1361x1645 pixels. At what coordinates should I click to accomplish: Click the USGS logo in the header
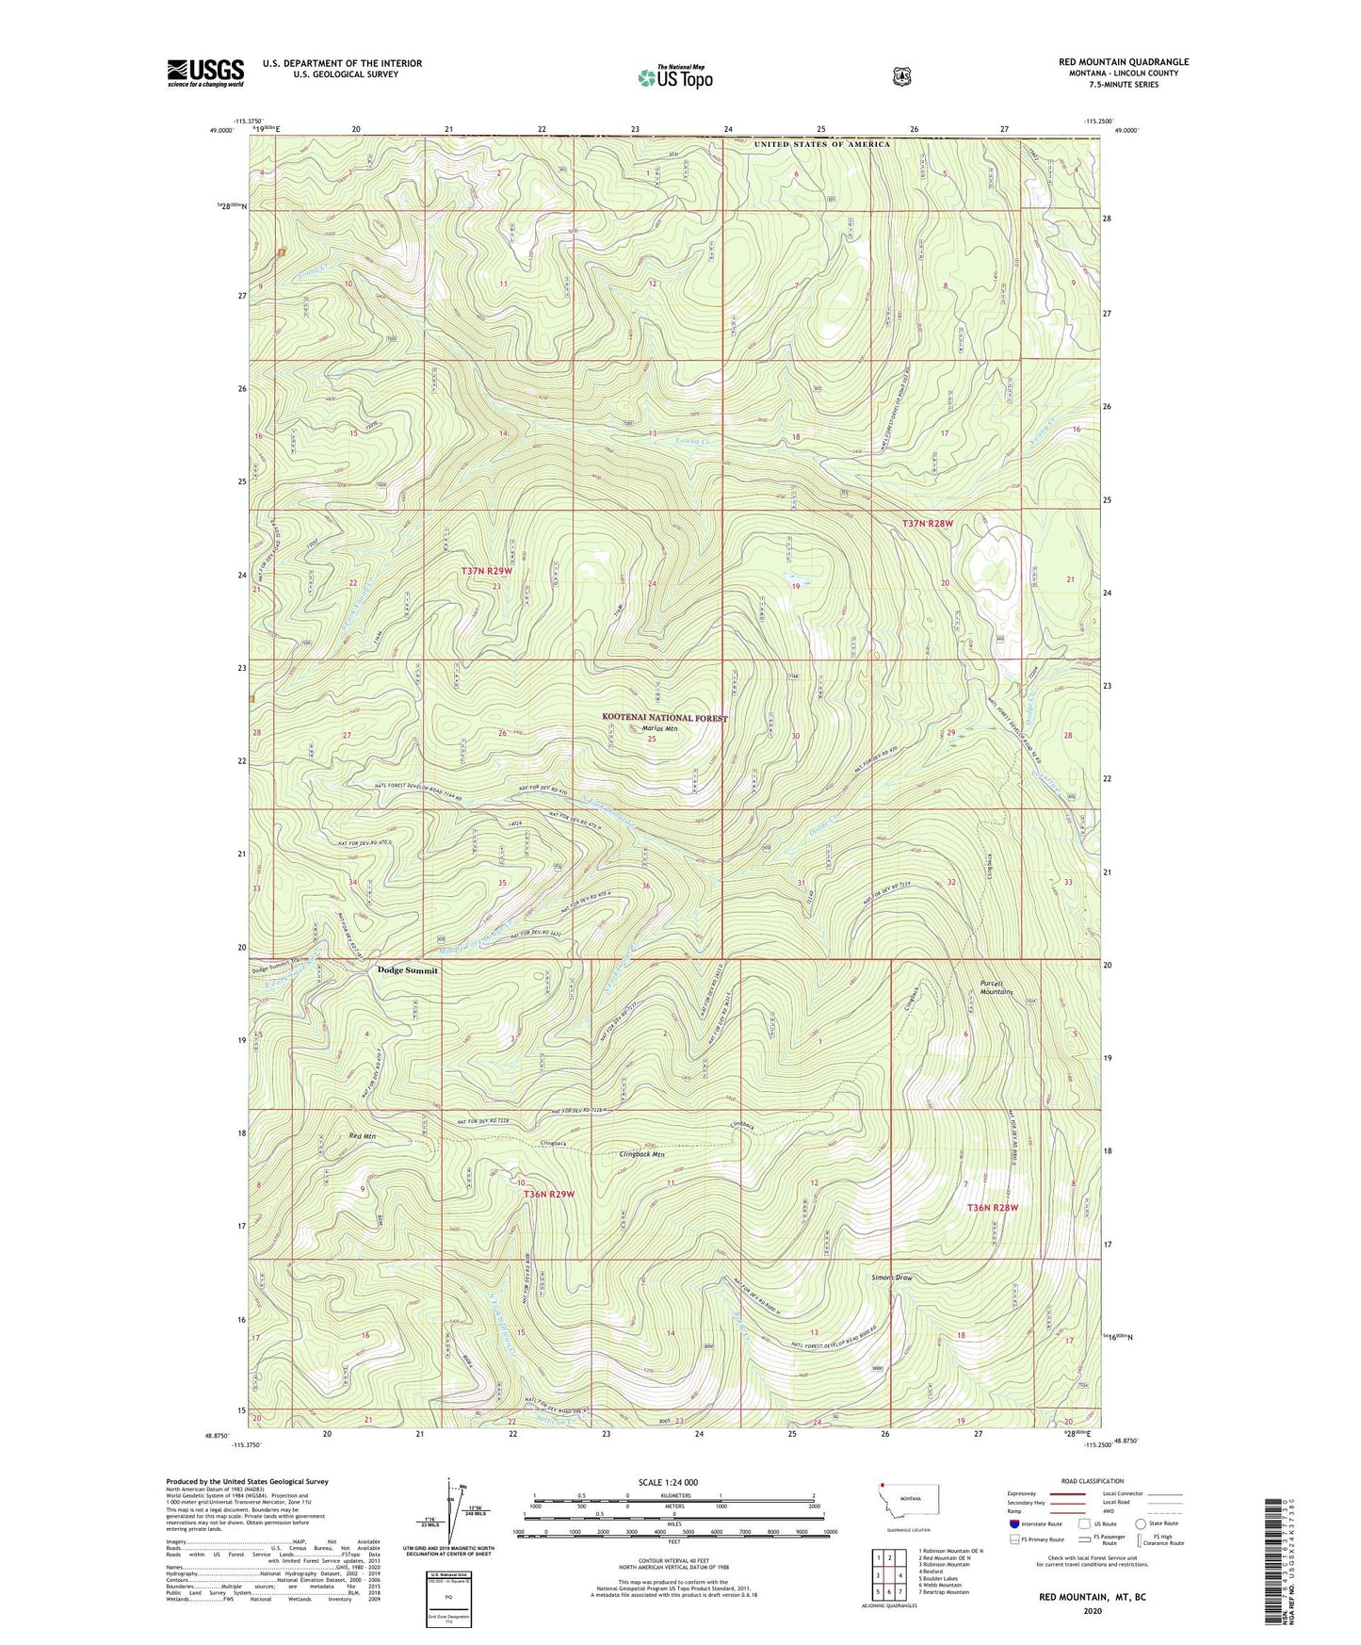pos(205,73)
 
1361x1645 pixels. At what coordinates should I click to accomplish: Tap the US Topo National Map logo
pos(674,77)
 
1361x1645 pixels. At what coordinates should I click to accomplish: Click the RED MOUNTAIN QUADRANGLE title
pos(1123,62)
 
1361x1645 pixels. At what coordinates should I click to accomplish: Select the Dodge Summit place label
pos(407,970)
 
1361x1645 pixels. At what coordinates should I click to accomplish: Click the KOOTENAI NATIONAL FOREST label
pos(665,718)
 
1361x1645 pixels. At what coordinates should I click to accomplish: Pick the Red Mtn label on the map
pos(363,1137)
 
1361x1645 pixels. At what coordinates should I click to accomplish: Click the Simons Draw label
pos(891,1279)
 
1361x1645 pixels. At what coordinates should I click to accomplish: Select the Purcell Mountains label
pos(996,987)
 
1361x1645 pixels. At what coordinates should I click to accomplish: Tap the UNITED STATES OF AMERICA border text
pos(821,144)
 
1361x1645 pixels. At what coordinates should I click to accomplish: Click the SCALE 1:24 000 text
pos(668,1482)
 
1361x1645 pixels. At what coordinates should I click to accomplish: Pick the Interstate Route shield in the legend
pos(1014,1523)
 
